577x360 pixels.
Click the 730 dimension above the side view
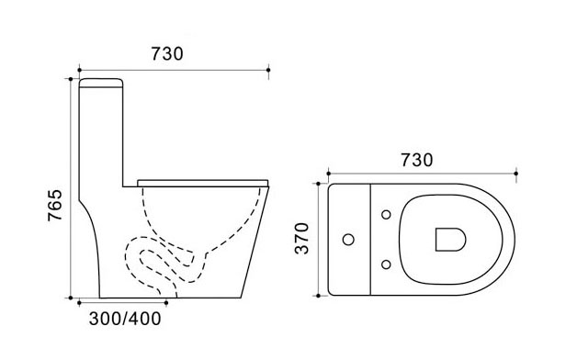point(166,53)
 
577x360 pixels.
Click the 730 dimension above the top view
point(416,160)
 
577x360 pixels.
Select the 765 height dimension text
point(55,205)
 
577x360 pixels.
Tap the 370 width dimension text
point(301,238)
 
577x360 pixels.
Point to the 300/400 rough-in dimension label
point(125,319)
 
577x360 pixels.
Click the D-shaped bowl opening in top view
point(450,240)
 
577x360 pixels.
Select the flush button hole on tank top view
point(348,240)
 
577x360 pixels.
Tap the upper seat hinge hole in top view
point(386,214)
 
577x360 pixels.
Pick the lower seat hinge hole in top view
point(386,264)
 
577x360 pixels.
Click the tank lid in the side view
point(101,83)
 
